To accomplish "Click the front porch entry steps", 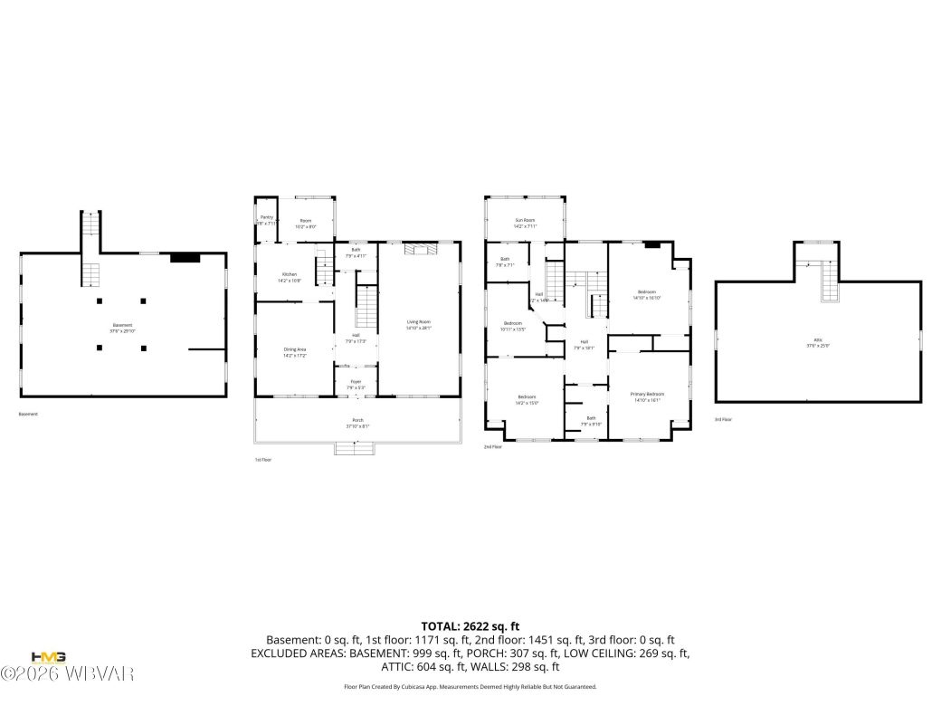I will pos(355,447).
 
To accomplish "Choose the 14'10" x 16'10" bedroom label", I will pos(647,294).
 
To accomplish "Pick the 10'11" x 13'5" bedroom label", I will pos(513,326).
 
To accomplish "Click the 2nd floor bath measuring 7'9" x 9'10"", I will pos(591,421).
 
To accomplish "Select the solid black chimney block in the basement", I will pos(185,258).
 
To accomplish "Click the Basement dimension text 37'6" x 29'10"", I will pos(122,331).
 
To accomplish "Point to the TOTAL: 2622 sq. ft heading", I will pos(470,625).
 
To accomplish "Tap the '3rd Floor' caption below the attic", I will pos(723,419).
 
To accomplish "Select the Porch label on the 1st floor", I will pos(357,423).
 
